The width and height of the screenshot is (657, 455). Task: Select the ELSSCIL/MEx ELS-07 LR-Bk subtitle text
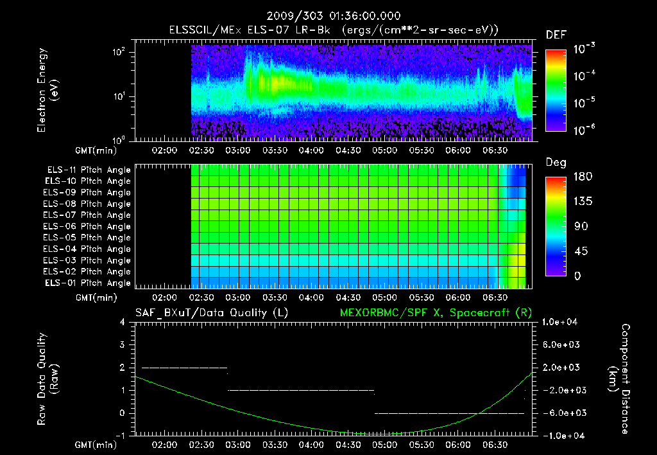[250, 30]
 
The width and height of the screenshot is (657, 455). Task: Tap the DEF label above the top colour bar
[556, 35]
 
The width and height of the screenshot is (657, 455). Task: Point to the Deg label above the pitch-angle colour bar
[556, 163]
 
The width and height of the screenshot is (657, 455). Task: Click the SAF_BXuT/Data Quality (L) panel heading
[210, 312]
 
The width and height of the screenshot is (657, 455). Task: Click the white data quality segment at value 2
[184, 368]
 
